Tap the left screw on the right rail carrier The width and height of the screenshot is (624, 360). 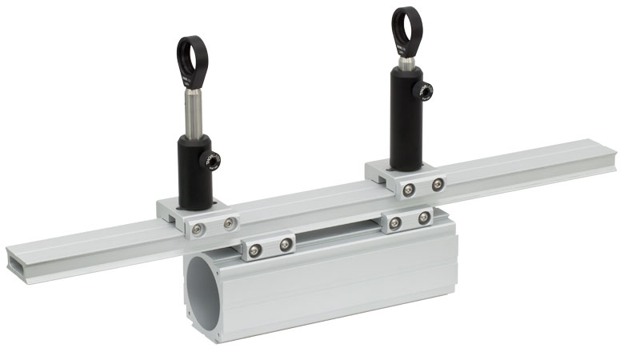click(x=408, y=189)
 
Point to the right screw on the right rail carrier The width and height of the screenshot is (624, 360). click(x=437, y=185)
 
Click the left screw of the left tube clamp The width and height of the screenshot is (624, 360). click(x=255, y=250)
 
